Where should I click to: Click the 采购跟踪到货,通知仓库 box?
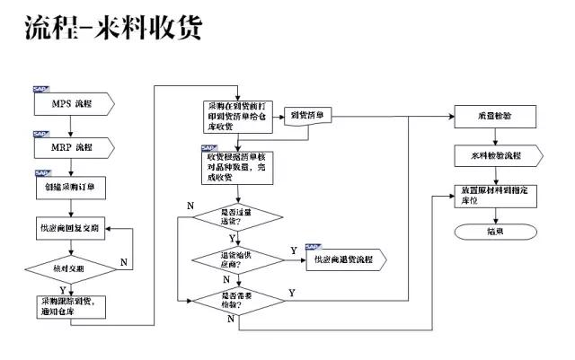pos(72,305)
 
